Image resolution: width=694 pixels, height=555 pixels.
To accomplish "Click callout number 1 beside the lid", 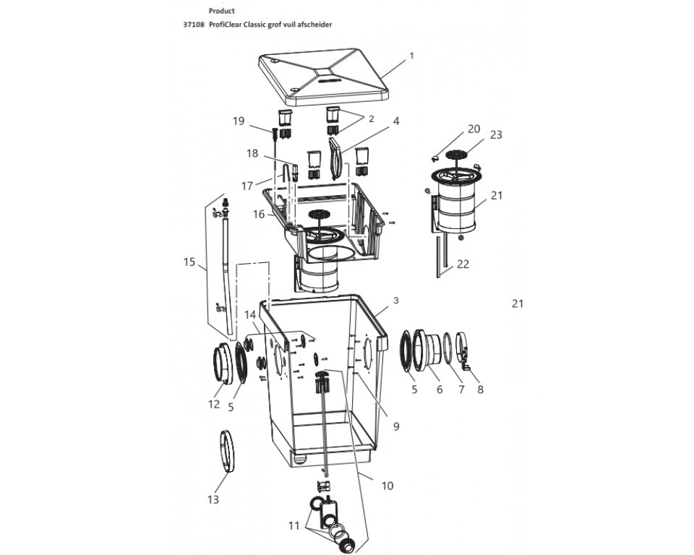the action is click(411, 56).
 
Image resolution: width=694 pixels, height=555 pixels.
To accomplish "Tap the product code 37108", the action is click(194, 25).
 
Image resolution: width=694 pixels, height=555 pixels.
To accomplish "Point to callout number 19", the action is click(239, 121).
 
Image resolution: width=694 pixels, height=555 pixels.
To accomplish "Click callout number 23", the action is click(496, 134).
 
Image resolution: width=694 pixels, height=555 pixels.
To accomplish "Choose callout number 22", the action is click(463, 264).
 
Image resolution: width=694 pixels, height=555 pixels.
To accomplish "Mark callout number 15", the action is click(189, 262).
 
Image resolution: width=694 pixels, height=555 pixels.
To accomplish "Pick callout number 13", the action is click(213, 499).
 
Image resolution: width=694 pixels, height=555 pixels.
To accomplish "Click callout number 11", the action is click(294, 526).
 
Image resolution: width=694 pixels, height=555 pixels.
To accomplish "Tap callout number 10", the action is click(387, 486).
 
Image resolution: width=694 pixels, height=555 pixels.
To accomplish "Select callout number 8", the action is click(480, 390).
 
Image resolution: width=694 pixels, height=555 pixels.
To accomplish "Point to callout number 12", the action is click(214, 404).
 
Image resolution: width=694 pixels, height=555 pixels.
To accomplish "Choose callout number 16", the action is click(259, 215).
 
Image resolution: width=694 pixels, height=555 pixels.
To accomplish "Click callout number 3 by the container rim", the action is click(395, 301).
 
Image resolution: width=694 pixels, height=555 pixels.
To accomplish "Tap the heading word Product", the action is click(221, 11).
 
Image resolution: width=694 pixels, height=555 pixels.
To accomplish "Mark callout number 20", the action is click(474, 129).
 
